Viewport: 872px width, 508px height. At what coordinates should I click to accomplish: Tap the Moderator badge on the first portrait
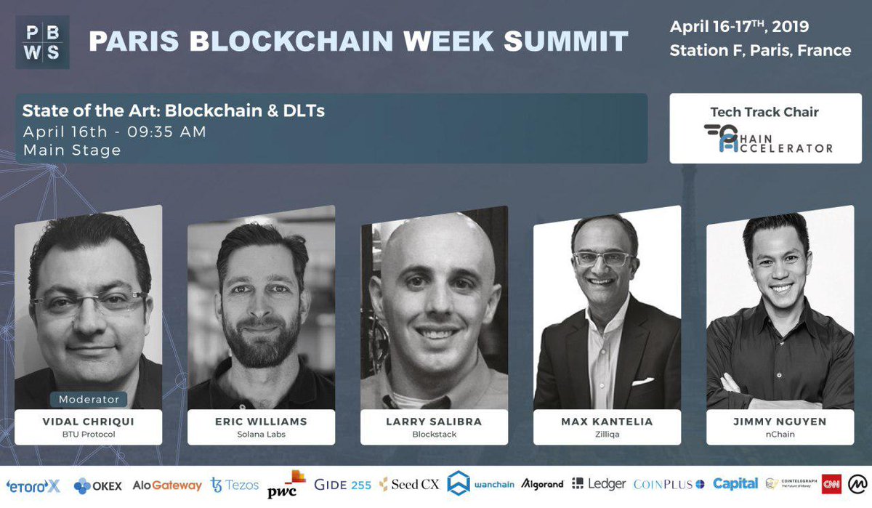coord(89,399)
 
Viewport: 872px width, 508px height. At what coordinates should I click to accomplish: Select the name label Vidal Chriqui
coord(88,422)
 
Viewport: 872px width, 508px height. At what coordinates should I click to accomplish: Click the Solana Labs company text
coord(261,435)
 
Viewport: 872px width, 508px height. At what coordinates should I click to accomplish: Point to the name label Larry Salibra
coord(434,422)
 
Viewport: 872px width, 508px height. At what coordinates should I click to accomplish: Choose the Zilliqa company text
coord(607,435)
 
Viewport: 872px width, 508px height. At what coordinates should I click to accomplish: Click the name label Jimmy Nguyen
coord(780,422)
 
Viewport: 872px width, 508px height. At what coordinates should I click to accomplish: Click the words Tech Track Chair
coord(764,112)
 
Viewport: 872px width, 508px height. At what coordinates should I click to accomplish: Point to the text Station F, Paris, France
coord(760,51)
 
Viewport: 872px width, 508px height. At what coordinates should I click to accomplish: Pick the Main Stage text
coord(71,150)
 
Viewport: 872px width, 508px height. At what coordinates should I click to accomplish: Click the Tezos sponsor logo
coord(234,485)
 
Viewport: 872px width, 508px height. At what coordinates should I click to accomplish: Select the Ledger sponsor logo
coord(598,484)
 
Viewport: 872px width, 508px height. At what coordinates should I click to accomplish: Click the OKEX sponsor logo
coord(98,485)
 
